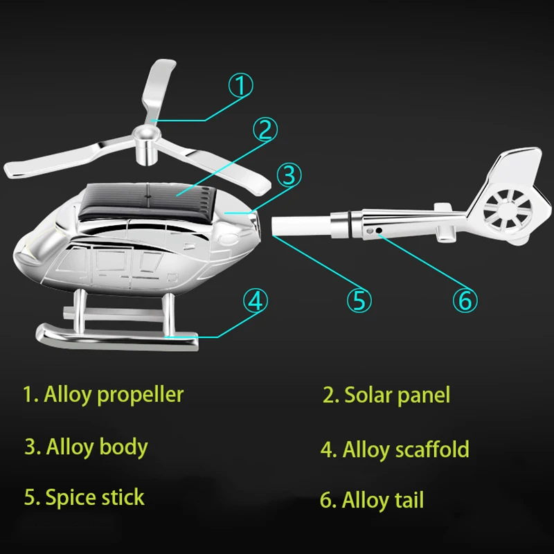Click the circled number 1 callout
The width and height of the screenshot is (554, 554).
240,87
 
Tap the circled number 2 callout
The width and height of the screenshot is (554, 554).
265,129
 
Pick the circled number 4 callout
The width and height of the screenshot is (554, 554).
255,301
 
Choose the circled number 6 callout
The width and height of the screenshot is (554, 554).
465,300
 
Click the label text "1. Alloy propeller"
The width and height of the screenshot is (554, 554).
103,395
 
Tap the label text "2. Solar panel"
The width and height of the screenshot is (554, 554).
386,395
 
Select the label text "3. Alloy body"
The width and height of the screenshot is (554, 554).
86,447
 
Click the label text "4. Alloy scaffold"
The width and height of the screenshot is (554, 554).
395,449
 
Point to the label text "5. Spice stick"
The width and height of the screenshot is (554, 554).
84,497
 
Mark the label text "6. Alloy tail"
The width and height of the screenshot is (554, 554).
371,499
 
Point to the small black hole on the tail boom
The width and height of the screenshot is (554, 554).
379,230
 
